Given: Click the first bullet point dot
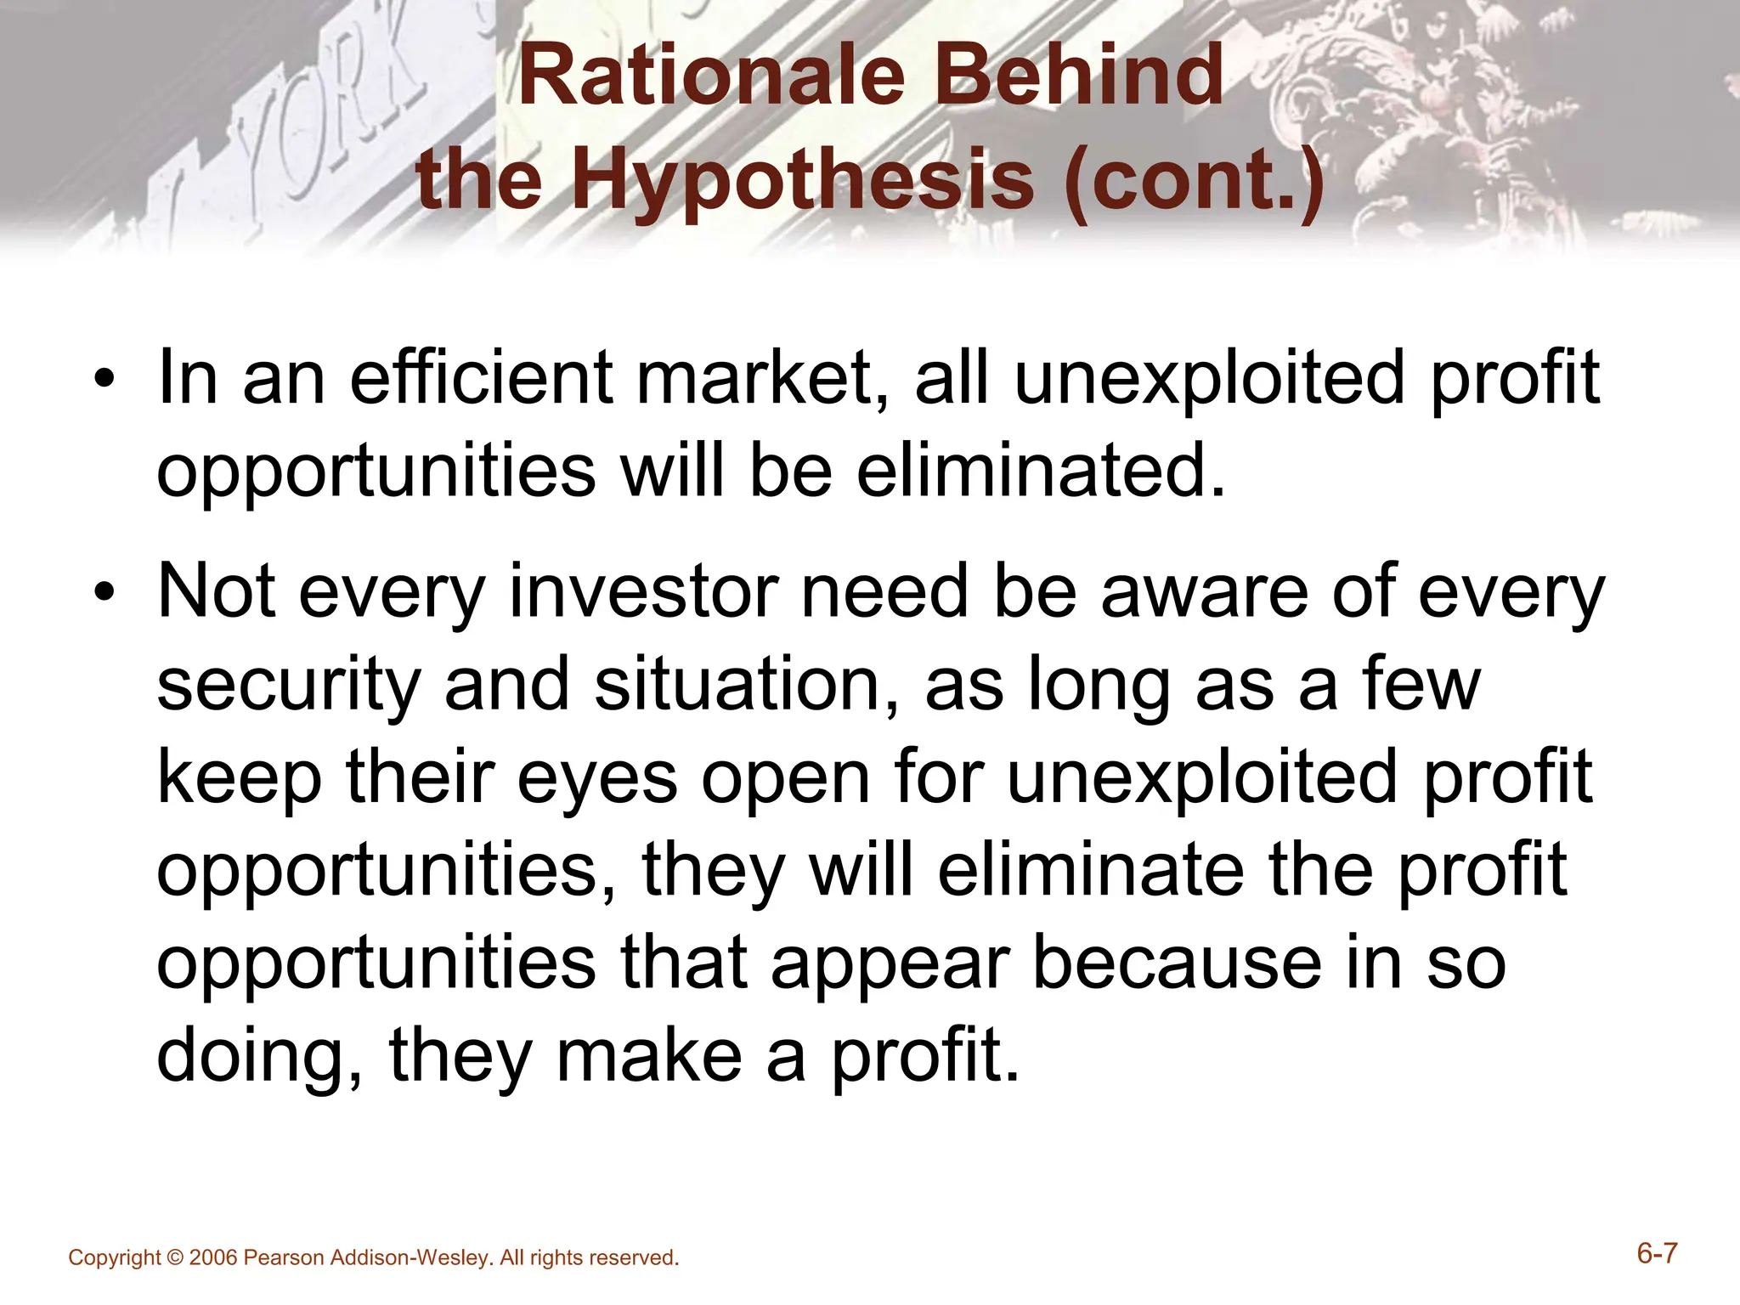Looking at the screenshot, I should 104,380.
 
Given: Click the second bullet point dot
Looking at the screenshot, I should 104,592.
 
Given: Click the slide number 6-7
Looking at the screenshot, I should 1656,1253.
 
